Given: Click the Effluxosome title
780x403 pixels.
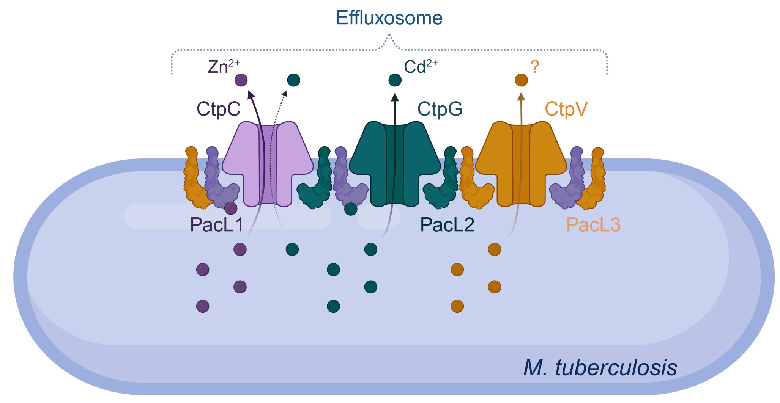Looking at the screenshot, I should tap(389, 18).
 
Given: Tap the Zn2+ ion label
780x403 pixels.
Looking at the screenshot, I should tap(224, 67).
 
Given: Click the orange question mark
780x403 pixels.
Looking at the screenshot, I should tap(535, 67).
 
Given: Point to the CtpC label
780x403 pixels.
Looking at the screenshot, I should tap(218, 109).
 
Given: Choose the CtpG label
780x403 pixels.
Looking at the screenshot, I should tap(440, 109).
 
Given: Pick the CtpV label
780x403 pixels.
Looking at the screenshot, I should tap(566, 109).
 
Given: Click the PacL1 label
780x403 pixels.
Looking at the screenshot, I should tap(216, 225).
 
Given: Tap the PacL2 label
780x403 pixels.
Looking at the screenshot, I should tap(447, 225).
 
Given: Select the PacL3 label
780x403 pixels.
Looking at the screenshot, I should tap(593, 225).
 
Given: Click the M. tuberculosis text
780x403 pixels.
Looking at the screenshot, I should tap(600, 367).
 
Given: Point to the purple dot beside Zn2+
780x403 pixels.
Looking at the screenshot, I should tap(241, 80).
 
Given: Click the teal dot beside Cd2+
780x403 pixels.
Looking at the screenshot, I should tap(395, 80).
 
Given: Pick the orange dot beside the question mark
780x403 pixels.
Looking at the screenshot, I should tap(521, 80).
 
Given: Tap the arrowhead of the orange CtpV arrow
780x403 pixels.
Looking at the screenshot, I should tap(521, 96).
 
